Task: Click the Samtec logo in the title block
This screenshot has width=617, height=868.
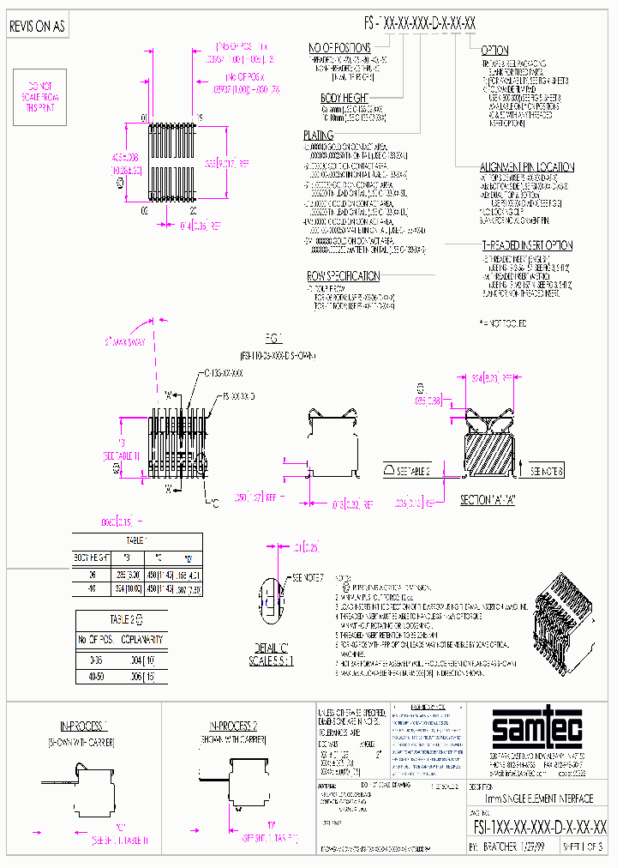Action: click(537, 731)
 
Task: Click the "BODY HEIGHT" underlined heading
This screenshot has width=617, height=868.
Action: click(344, 99)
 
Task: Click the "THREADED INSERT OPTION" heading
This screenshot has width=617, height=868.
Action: click(525, 245)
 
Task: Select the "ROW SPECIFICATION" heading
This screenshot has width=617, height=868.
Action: click(343, 276)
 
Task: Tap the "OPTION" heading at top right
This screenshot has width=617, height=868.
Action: click(494, 51)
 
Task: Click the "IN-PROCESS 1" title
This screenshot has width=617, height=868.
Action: click(82, 725)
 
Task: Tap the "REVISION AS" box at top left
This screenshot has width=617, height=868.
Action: click(36, 27)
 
